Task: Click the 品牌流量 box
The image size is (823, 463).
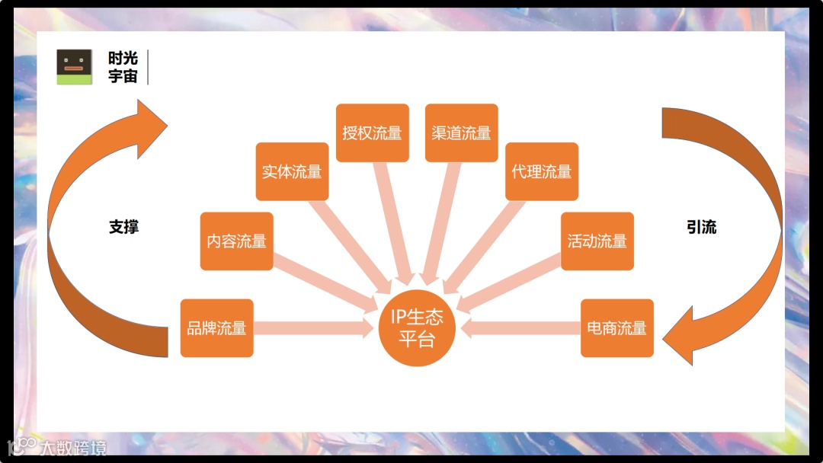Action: [x=216, y=328]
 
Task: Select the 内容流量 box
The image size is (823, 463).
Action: [x=236, y=241]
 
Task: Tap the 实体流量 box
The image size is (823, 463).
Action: [x=292, y=171]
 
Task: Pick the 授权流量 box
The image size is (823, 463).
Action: [x=372, y=133]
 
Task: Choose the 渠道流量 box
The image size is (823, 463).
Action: [x=461, y=133]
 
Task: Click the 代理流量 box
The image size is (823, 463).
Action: [x=541, y=171]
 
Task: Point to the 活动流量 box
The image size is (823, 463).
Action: [x=597, y=241]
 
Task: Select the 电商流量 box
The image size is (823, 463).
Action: [x=616, y=328]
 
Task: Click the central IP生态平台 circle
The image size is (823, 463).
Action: [x=417, y=328]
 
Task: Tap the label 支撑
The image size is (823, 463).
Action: [x=123, y=227]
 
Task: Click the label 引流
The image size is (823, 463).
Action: [x=701, y=227]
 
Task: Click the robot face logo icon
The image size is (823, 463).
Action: [x=74, y=67]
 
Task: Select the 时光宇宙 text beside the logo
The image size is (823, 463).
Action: [x=123, y=67]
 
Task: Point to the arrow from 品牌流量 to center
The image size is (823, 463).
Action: [x=312, y=328]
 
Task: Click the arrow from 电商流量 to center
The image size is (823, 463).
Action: [x=522, y=328]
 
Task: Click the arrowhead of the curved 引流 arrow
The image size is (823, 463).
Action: [x=682, y=335]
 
